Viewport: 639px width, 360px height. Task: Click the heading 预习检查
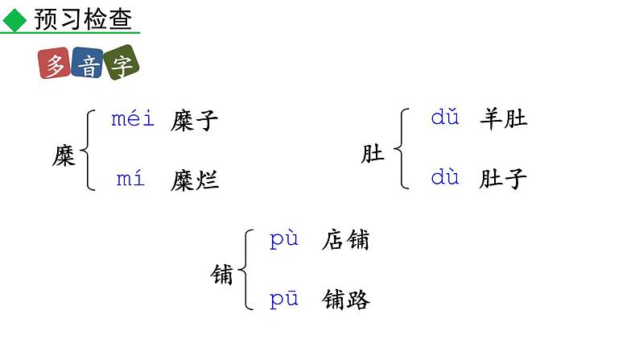[x=83, y=19]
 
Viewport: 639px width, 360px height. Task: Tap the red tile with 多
[x=54, y=65]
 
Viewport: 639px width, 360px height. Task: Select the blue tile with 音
[x=87, y=65]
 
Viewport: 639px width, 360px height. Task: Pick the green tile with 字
[x=121, y=65]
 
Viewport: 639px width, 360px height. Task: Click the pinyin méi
[x=132, y=119]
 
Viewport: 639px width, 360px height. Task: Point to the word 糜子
[x=194, y=121]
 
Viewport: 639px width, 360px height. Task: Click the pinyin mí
[x=130, y=179]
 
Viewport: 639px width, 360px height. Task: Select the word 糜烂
[x=194, y=180]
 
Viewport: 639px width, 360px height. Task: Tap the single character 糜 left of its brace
[x=64, y=155]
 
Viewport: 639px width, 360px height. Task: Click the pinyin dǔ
[x=444, y=118]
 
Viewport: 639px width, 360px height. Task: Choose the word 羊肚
[x=503, y=119]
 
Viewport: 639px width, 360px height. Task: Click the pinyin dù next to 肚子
[x=444, y=177]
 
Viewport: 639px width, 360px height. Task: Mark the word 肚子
[x=503, y=179]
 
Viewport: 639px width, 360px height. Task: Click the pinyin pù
[x=284, y=239]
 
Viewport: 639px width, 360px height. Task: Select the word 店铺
[x=345, y=240]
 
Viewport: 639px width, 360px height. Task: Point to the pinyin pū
[x=284, y=299]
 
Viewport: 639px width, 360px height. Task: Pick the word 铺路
[x=345, y=300]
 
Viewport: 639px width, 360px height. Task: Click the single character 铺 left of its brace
[x=223, y=276]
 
